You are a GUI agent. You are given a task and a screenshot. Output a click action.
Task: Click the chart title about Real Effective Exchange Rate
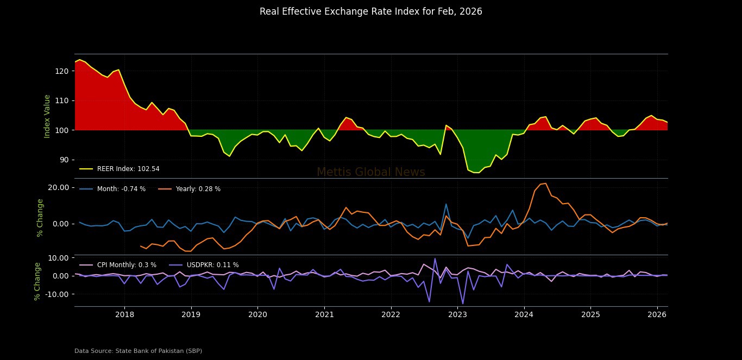pos(370,11)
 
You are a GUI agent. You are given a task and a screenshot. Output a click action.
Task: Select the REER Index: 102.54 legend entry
pos(128,169)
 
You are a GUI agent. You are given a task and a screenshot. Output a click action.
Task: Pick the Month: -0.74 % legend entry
pos(121,189)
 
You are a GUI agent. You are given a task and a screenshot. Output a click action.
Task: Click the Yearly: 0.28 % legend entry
pos(198,189)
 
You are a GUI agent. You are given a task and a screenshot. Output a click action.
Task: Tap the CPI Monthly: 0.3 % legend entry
pos(126,265)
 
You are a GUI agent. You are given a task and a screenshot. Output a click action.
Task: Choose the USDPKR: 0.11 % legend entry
pos(212,265)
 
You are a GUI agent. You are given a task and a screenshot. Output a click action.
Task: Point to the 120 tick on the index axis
pos(64,71)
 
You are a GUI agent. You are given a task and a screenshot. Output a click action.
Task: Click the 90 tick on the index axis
pos(65,160)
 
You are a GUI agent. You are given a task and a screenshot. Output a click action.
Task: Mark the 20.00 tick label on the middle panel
pos(58,187)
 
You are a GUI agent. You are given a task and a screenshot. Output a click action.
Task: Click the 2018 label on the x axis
pos(124,314)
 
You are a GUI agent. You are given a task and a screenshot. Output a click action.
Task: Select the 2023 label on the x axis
pos(457,314)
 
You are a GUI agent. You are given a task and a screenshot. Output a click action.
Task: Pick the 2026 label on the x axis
pos(657,314)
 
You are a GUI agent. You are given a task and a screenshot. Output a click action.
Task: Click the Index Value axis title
pos(47,116)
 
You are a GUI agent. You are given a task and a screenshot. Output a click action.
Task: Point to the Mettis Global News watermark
pos(370,172)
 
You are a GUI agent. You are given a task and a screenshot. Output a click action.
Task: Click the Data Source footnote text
pos(138,351)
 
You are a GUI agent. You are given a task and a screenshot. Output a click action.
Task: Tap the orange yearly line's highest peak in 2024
pos(545,184)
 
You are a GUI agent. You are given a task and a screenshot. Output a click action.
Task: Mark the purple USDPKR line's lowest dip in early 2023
pos(463,304)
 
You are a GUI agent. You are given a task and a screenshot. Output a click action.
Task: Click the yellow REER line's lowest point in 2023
pos(476,173)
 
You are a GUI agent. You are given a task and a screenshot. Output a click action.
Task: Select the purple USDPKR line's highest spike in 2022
pos(435,258)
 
